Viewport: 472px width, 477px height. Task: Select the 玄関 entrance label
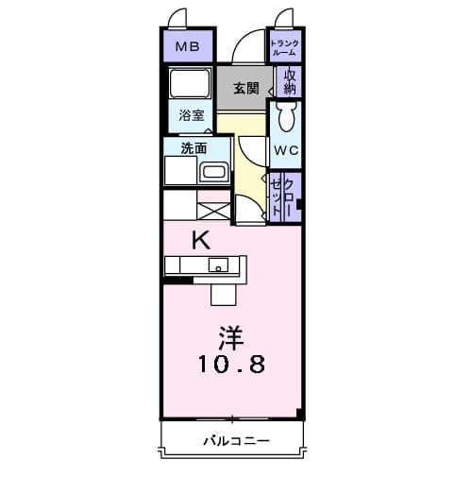(246, 89)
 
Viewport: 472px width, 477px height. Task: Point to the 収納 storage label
(290, 81)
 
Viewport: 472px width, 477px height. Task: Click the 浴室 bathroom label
(192, 116)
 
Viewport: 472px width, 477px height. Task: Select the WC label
(285, 150)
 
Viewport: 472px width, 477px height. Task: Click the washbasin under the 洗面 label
(213, 173)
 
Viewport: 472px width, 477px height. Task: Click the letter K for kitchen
(200, 240)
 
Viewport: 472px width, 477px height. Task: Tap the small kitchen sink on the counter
(218, 264)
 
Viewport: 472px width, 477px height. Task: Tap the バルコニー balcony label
(236, 441)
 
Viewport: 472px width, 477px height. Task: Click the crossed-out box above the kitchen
(213, 204)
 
